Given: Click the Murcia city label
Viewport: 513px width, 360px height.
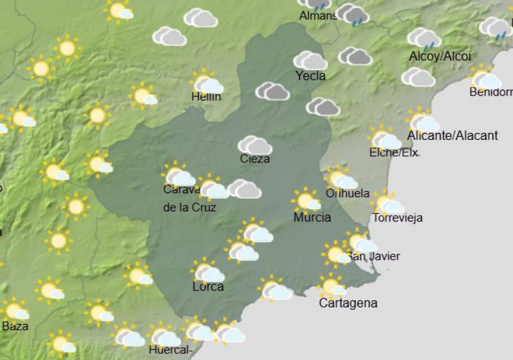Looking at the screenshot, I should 312,218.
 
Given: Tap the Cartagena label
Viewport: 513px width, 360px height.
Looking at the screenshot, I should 348,303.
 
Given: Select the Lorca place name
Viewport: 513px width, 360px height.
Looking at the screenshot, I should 208,287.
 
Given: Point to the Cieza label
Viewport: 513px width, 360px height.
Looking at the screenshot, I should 255,159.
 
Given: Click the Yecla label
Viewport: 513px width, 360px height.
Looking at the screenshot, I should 310,76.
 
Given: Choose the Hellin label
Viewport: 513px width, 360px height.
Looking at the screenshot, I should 206,97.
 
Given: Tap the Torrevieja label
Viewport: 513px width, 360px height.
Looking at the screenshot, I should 398,218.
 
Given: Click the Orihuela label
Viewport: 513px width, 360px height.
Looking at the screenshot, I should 348,193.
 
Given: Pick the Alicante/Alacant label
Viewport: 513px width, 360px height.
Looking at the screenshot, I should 453,135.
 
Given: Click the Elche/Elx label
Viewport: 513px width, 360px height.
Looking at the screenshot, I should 394,153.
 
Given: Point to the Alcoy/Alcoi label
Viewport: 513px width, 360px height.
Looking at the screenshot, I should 440,56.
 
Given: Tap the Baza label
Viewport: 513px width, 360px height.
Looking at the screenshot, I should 15,326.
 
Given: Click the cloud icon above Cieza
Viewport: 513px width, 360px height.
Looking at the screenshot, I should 255,145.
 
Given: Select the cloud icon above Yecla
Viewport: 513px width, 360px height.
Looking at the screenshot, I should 310,61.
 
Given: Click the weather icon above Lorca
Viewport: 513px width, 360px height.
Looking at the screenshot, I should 207,271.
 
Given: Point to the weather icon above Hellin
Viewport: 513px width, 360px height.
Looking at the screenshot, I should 206,83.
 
